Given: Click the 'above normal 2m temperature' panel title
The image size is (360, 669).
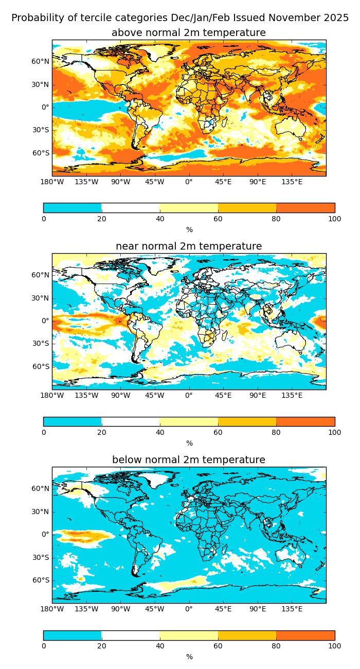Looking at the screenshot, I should point(189,33).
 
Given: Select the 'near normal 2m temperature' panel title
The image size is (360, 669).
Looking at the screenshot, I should point(189,247).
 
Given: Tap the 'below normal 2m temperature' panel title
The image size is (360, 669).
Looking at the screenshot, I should point(189,460).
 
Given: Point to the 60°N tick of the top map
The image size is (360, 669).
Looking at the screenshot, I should point(41,61).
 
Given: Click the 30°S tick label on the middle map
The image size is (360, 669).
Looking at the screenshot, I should point(41,343).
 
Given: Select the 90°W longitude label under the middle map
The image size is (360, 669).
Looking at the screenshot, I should point(120,395).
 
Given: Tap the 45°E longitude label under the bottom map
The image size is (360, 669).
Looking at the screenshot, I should point(223,608).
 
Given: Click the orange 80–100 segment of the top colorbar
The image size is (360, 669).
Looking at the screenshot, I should point(305,208).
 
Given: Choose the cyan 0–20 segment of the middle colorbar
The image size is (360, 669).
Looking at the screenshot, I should point(73,421).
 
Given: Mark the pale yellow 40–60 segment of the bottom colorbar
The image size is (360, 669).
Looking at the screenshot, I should point(189,635).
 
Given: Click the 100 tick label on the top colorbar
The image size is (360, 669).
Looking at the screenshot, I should point(334,219).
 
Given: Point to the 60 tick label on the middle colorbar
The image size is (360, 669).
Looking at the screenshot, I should point(218,432).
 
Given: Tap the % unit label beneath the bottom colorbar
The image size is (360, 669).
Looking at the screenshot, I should point(189,657).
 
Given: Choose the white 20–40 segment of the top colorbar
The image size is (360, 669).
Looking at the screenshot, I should point(131,208).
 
